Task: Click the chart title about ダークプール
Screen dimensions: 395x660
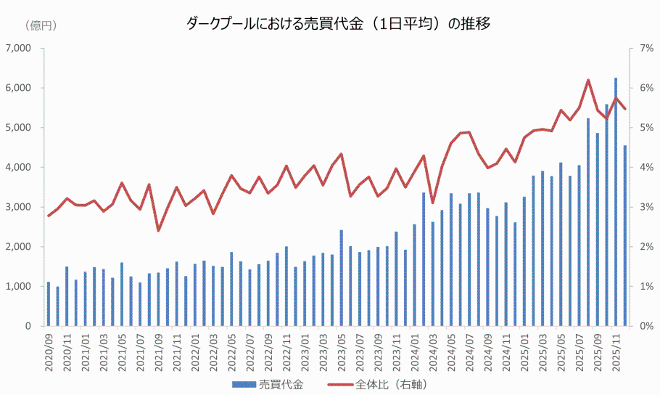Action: (339, 25)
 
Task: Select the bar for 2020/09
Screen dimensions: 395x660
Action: (49, 305)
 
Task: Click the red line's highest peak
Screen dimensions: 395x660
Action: (588, 80)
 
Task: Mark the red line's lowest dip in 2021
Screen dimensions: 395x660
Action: (158, 230)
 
